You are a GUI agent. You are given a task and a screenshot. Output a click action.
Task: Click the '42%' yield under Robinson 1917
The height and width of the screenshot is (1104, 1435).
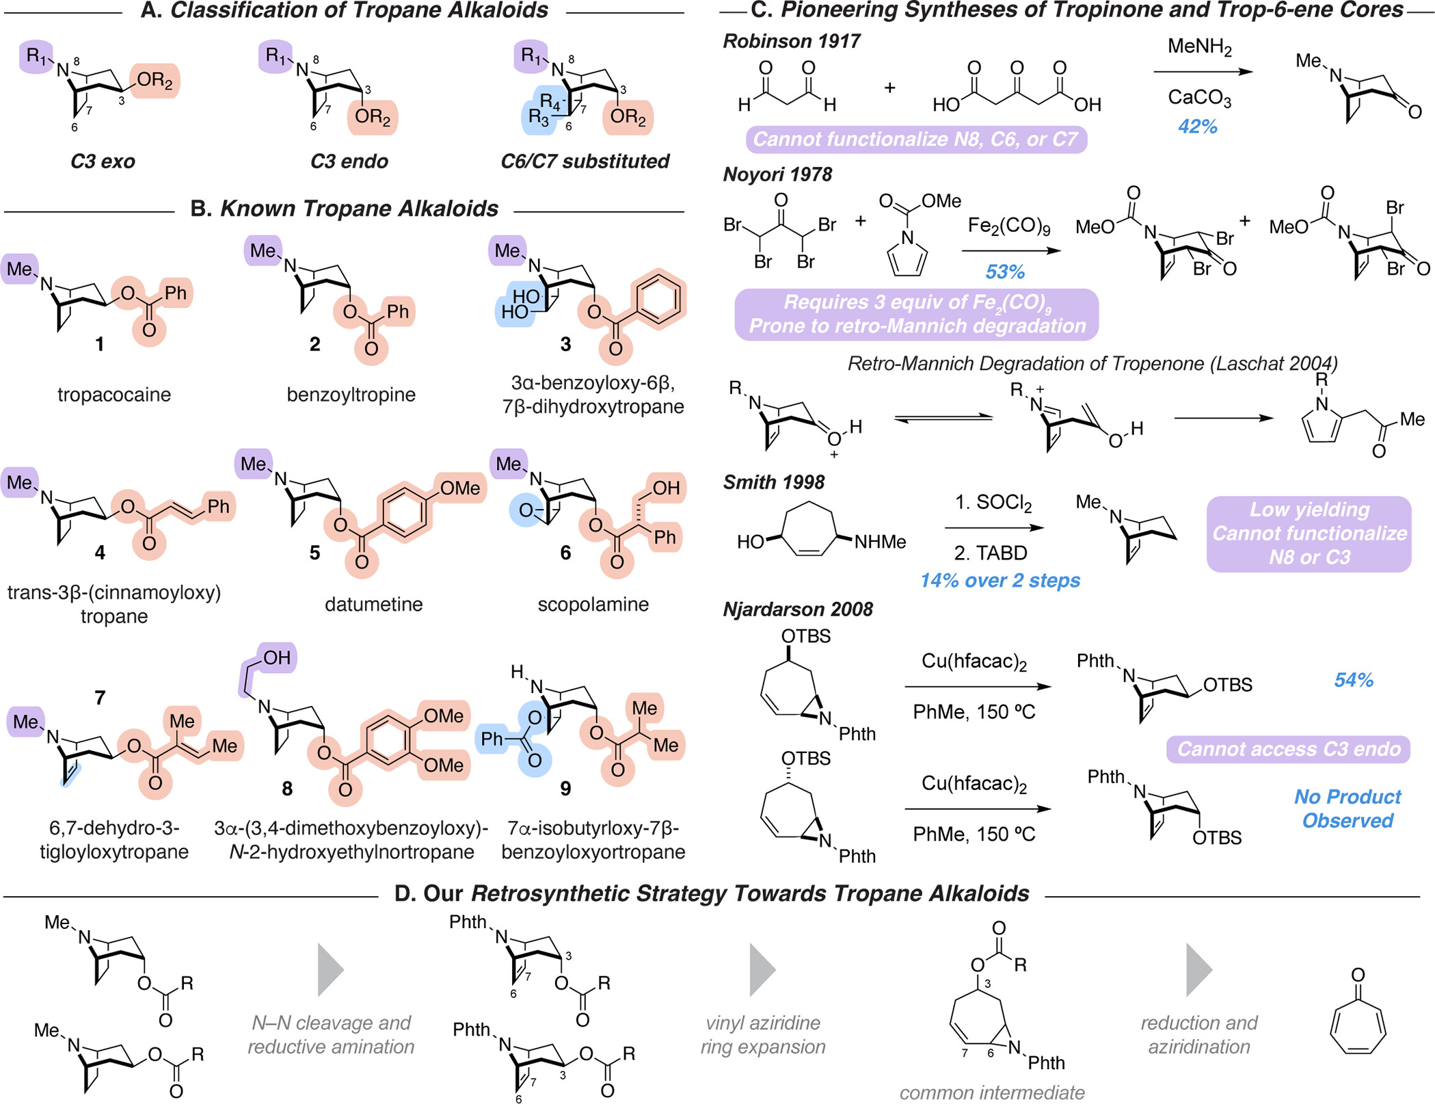pos(1198,127)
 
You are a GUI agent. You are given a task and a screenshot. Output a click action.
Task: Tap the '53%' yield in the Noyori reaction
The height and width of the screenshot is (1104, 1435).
pos(1005,272)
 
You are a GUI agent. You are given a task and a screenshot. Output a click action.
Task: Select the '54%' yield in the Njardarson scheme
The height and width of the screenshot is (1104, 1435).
pos(1354,680)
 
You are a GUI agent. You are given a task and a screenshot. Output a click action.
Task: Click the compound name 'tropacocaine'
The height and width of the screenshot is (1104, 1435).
pos(114,395)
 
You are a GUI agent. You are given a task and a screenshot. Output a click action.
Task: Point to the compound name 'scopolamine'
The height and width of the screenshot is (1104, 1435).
pos(593,604)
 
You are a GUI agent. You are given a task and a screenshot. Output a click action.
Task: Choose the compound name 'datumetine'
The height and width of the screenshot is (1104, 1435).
pos(374,604)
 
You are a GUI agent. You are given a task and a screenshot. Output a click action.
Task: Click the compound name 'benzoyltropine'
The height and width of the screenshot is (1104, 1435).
pos(351,395)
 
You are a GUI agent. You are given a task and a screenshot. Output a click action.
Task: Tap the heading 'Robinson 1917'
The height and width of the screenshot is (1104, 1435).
pos(792,42)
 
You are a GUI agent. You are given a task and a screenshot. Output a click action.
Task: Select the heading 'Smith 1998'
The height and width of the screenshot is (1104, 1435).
pos(774,482)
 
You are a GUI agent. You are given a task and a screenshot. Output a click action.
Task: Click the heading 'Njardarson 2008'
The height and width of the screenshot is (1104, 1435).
pos(798,609)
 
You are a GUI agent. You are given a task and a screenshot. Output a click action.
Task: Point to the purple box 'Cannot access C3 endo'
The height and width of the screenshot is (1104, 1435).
pos(1289,749)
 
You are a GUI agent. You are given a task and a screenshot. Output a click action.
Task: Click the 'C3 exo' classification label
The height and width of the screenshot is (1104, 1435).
pos(103,161)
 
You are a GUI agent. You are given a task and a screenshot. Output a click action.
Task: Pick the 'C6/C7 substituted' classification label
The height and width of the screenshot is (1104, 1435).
pos(585,161)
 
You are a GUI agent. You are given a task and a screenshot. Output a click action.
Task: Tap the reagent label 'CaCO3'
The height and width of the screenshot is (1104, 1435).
pos(1200,98)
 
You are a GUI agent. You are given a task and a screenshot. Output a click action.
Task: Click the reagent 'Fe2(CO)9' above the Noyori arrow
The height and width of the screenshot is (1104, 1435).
pos(1009,226)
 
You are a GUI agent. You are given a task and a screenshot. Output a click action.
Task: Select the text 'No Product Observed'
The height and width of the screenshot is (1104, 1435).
pos(1347,809)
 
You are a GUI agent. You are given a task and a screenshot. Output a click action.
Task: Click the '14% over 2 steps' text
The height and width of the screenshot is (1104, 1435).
pos(1000,581)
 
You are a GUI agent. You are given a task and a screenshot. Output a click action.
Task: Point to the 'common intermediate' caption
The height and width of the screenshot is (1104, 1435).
pos(992,1092)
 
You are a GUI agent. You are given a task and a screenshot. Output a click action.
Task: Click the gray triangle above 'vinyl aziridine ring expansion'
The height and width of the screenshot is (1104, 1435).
pos(762,970)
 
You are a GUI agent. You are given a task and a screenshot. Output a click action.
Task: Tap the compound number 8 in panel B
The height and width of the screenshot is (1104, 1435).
pos(287,789)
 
